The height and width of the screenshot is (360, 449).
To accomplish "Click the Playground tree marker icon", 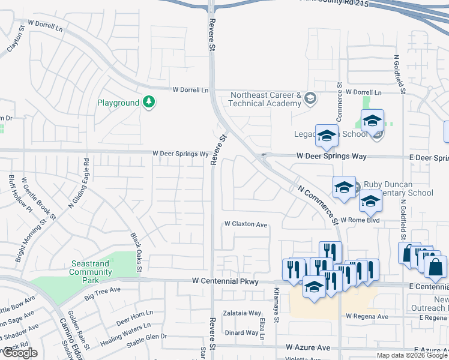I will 149,103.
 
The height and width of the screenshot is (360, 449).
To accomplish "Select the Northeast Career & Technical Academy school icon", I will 310,98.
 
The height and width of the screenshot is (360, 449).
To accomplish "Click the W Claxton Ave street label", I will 246,224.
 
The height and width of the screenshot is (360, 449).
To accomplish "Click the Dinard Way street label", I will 241,332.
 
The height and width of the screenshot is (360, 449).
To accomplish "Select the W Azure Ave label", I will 308,347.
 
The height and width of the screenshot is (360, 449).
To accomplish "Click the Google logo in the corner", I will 19,353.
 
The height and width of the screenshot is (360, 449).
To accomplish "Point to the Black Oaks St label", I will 135,252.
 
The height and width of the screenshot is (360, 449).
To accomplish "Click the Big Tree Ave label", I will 103,293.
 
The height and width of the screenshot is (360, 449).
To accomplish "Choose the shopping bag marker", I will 435,268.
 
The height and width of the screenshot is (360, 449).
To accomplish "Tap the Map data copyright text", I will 412,355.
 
